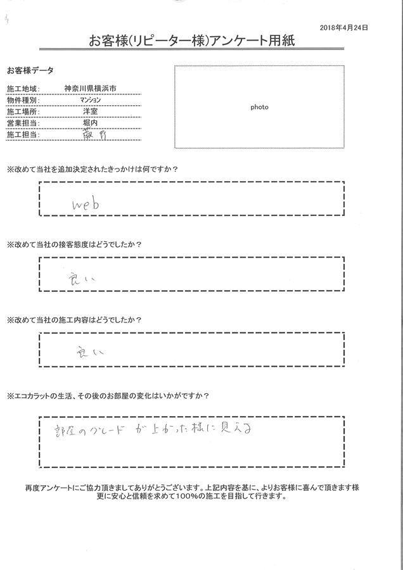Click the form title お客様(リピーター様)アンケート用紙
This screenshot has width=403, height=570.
pos(201,42)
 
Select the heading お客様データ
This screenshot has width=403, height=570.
pos(30,70)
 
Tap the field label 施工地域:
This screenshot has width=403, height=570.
pos(23,89)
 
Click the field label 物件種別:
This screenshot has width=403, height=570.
pos(23,100)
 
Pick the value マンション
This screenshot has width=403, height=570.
pos(89,100)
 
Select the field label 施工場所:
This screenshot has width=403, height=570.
pos(23,111)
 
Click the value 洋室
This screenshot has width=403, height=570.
pos(89,111)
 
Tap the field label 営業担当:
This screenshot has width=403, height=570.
pos(23,123)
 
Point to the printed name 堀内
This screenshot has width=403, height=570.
pos(89,123)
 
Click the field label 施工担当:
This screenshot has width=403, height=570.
pos(23,135)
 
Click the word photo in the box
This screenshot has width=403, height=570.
pos(259,107)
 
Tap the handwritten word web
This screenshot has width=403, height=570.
pos(86,204)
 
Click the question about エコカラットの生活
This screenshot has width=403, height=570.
pos(108,396)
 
